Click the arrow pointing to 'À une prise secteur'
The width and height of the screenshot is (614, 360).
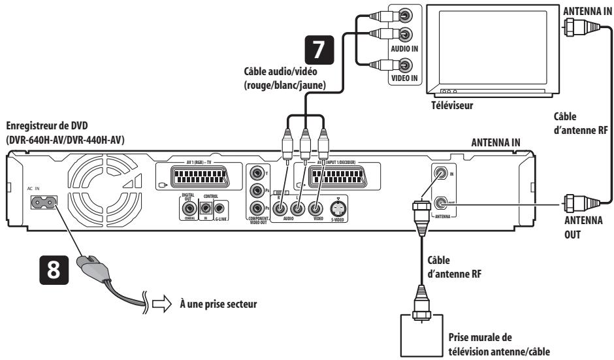[x=154, y=304]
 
